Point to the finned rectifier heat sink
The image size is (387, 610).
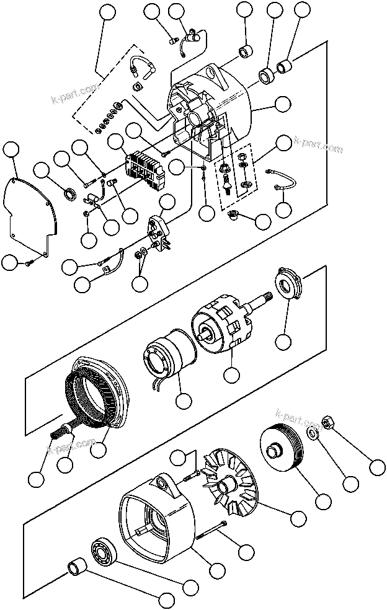145,169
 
